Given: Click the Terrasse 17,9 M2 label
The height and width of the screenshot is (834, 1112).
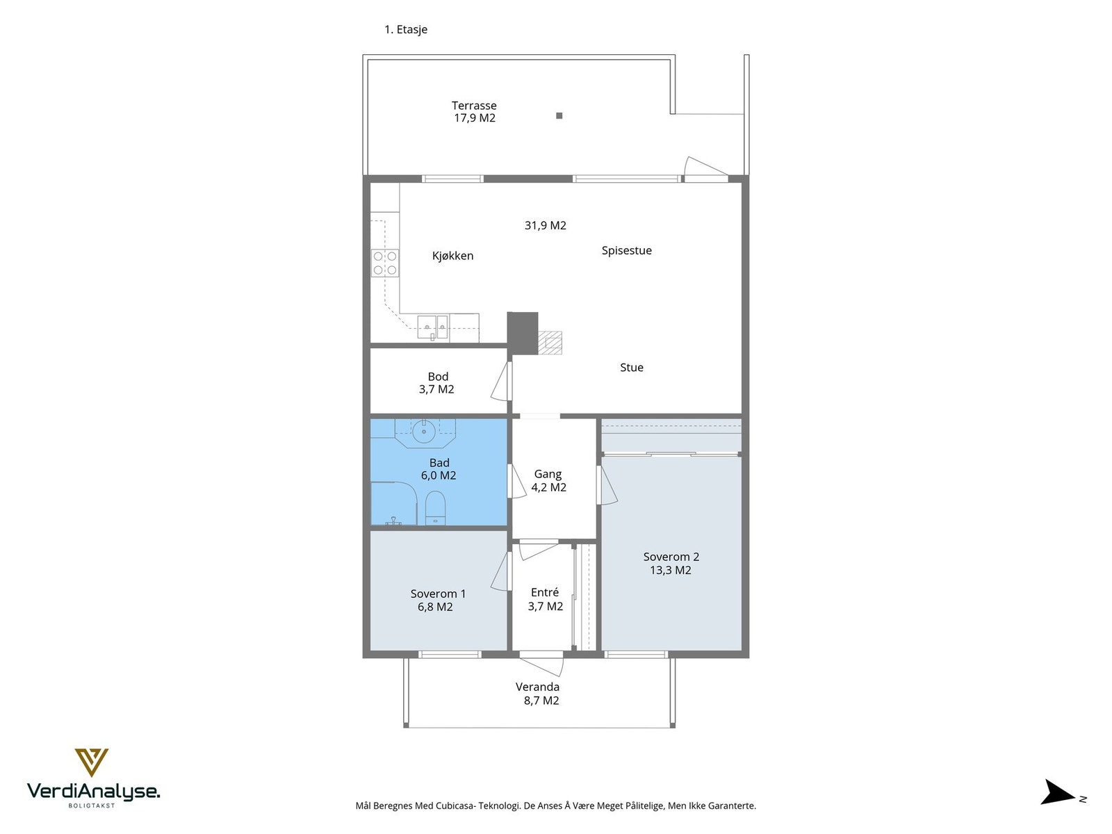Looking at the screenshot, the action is pos(474,111).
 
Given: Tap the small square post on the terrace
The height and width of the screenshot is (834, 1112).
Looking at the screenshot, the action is pos(559,115).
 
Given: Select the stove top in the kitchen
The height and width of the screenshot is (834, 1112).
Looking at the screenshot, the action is pos(384,263).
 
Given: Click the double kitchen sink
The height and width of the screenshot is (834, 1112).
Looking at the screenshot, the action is pos(432,327).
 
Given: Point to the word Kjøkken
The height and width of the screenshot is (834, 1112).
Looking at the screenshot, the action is pos(452,256).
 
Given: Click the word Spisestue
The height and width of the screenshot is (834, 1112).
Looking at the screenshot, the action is pos(626,250).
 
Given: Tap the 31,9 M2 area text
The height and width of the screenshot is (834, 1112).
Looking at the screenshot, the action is pos(545,224).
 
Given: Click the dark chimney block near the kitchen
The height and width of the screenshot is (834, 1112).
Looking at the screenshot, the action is pos(523,333).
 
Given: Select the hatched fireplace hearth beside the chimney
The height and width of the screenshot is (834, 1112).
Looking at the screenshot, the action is pos(550,343).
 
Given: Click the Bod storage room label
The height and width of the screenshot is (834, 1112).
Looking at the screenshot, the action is pos(436,383).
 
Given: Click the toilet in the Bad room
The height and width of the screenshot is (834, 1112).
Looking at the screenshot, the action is pos(434,508).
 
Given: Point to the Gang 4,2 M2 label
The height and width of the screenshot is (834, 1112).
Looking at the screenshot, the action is pos(548,480).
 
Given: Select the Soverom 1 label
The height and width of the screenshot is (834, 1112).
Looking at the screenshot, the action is pos(438,594).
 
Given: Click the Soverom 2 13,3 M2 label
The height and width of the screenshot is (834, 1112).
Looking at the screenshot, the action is pos(671,563).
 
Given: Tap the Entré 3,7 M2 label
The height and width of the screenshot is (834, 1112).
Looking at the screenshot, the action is pos(545,599).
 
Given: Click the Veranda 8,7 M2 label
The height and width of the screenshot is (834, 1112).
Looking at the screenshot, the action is pos(538,693).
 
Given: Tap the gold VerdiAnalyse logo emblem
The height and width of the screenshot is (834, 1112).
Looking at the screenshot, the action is pos(91,762).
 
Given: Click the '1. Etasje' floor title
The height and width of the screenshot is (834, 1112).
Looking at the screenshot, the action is pos(406,29).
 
